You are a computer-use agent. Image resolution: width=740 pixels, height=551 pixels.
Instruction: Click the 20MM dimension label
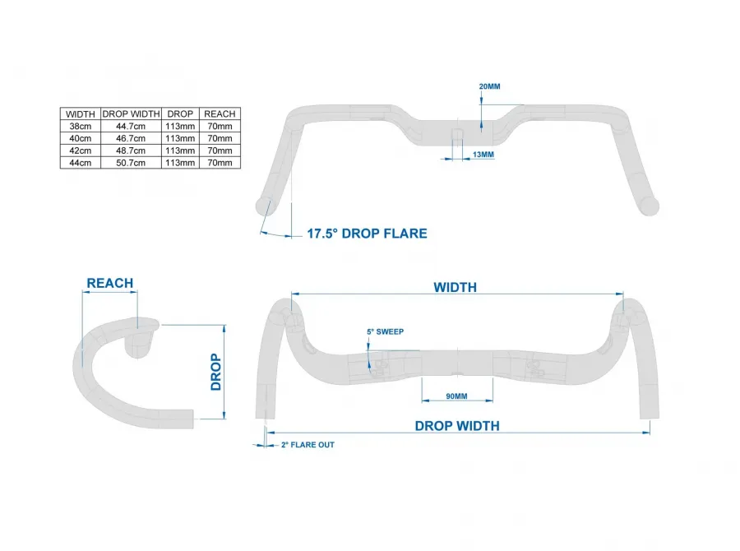point(488,86)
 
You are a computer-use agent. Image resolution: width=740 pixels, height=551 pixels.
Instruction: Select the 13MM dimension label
point(483,155)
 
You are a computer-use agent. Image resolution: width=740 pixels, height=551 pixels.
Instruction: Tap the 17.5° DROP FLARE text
point(367,234)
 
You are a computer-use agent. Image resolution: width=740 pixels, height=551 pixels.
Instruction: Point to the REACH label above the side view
point(110,283)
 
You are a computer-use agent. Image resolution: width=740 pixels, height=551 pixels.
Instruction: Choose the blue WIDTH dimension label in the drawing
point(456,287)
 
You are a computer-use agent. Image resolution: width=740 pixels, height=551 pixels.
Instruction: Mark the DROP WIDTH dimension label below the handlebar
point(457,425)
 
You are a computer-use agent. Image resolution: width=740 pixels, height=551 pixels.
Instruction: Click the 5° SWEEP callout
point(385,331)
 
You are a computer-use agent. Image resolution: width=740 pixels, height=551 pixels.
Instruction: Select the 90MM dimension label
point(456,396)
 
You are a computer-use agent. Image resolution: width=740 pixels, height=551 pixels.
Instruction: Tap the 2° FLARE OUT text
point(308,445)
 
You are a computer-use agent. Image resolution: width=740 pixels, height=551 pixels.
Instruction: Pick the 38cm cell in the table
point(80,127)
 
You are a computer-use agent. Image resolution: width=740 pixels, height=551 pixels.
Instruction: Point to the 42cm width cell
point(80,151)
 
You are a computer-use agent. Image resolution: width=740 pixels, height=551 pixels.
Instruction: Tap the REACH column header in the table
point(220,113)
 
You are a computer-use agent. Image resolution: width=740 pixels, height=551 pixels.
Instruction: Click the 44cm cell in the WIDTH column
point(80,163)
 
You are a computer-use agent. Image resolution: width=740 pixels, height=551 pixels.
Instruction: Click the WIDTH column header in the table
point(80,113)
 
